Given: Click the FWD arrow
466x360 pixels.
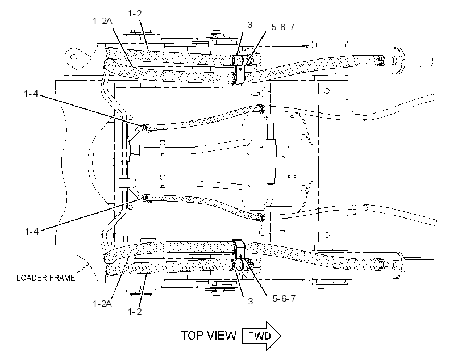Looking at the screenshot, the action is [261, 336].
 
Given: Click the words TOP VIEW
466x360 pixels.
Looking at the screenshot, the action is [209, 336].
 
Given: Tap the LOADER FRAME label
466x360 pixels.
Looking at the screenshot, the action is [46, 278].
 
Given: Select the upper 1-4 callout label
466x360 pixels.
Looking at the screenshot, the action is [31, 94].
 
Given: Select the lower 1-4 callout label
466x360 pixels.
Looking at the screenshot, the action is [32, 231].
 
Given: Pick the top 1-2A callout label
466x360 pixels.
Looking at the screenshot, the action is [102, 21].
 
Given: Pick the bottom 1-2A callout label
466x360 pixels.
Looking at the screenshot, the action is [102, 304].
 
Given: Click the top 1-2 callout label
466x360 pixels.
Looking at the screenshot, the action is [135, 14].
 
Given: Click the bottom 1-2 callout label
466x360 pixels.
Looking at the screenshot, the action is [135, 312].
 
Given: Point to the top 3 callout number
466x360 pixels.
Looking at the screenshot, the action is [250, 25].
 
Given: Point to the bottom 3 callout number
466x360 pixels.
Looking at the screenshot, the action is [251, 301].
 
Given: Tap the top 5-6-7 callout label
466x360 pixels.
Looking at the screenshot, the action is [283, 27].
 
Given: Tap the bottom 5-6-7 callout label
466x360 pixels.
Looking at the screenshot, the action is [284, 298].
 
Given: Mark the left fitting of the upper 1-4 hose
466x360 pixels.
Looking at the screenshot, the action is [145, 127].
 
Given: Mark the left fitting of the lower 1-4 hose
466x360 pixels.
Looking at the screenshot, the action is [146, 198].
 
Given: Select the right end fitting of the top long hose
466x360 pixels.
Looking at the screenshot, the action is [381, 60].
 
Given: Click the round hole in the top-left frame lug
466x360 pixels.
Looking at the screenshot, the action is [74, 57].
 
